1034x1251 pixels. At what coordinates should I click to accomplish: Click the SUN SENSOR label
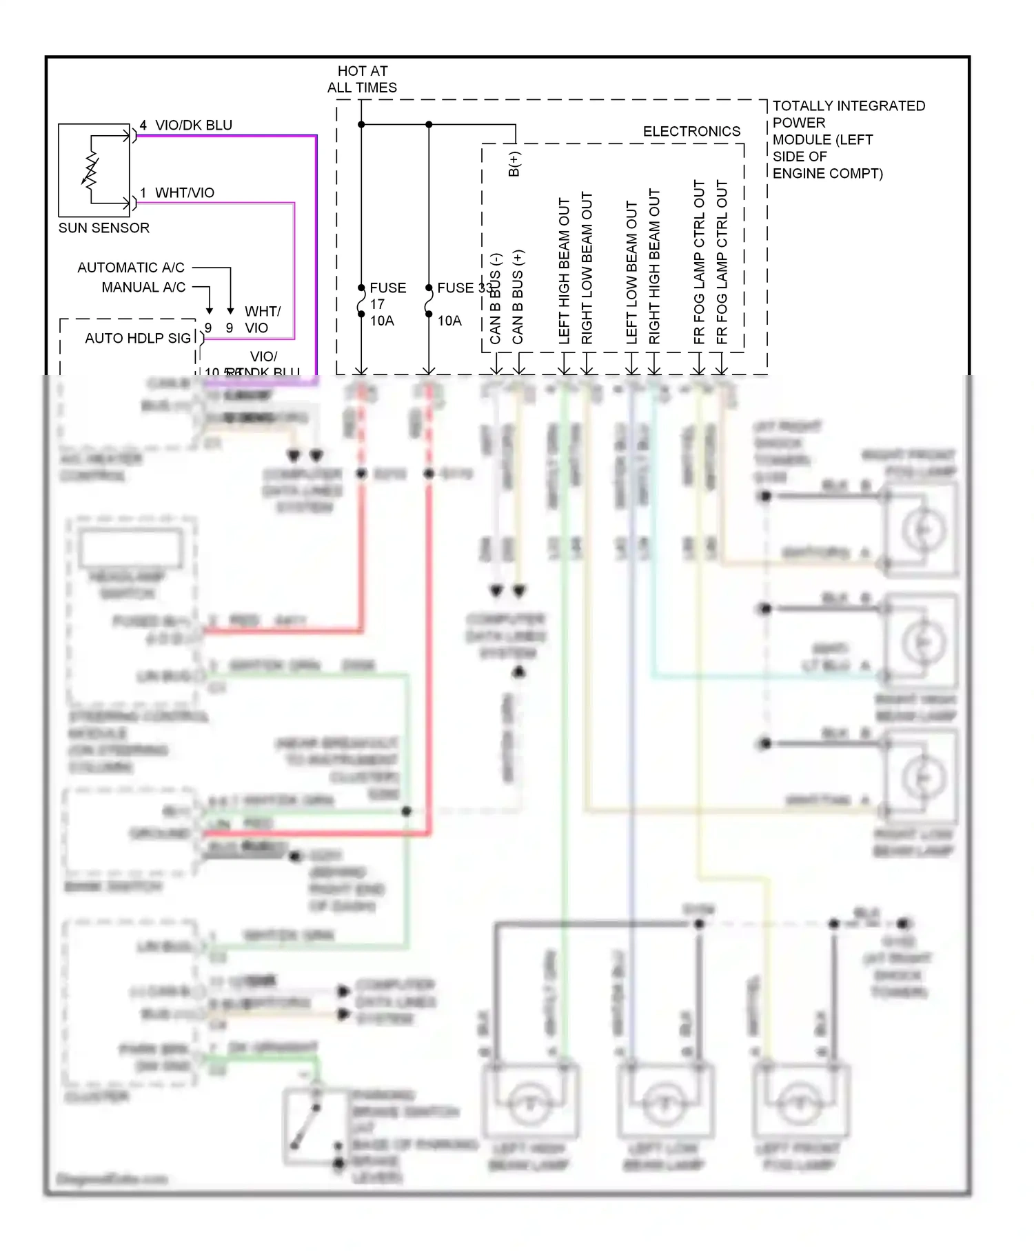point(103,228)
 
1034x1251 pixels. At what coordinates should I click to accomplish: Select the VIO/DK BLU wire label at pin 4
point(193,125)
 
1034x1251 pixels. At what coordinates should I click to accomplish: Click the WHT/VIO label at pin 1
point(184,192)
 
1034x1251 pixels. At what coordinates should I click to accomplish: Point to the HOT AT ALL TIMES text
point(362,79)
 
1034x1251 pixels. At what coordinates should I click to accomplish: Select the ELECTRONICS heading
point(691,131)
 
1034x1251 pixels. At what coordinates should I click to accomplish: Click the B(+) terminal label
point(514,164)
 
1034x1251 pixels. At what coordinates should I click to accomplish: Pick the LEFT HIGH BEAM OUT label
point(564,270)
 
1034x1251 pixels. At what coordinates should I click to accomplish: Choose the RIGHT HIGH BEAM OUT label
point(654,266)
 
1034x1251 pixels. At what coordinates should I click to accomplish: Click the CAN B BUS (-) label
point(495,299)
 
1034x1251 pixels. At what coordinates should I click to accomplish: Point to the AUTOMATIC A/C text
point(131,268)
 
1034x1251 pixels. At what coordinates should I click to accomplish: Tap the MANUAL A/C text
point(143,287)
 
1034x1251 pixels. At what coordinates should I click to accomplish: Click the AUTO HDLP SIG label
point(138,338)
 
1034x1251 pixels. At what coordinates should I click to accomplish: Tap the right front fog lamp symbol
point(922,529)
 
